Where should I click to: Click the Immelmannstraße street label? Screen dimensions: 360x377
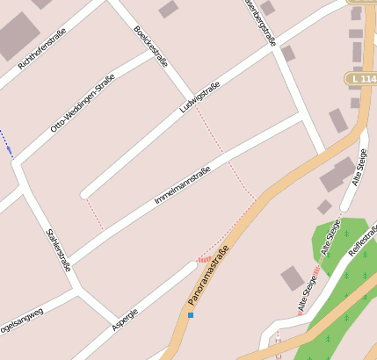tap(181, 185)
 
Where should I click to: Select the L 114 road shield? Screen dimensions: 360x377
tap(362, 79)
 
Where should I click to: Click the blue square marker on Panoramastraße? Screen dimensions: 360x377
tap(190, 314)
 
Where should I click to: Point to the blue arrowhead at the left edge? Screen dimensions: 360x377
tap(11, 151)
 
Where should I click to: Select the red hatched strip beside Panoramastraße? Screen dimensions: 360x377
tap(204, 259)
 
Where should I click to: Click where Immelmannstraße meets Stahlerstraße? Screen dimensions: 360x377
tap(69, 261)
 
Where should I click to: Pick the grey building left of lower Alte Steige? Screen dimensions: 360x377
tap(293, 279)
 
